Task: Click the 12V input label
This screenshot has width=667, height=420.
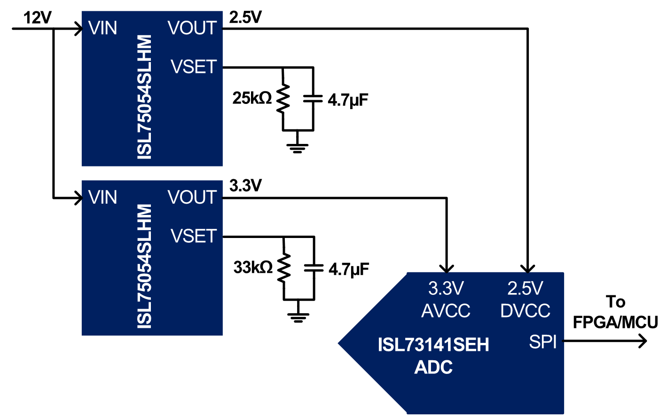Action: click(x=38, y=18)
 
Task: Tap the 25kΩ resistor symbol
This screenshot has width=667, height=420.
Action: click(x=283, y=99)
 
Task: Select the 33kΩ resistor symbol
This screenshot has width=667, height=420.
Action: click(x=284, y=268)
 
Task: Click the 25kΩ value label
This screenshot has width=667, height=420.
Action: click(x=252, y=98)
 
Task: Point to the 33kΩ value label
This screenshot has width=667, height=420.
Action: click(x=253, y=268)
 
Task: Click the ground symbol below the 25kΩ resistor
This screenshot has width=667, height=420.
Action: click(x=298, y=147)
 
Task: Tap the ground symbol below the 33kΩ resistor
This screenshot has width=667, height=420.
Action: click(x=298, y=317)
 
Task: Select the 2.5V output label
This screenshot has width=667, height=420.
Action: click(x=245, y=17)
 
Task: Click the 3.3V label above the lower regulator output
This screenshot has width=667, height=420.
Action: click(x=245, y=186)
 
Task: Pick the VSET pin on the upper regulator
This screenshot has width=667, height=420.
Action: click(x=194, y=67)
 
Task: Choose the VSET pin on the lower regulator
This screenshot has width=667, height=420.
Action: click(x=194, y=236)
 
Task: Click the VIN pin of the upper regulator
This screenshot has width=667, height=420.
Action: click(x=102, y=28)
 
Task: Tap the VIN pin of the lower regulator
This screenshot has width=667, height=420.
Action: click(x=102, y=198)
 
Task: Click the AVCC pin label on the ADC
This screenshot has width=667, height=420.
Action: click(x=446, y=311)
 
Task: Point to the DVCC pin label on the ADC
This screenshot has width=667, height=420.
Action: click(x=525, y=311)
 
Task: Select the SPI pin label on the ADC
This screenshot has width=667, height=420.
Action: click(x=542, y=342)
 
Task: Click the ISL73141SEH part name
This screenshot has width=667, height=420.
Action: click(x=433, y=345)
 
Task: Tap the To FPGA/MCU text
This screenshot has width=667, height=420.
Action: click(x=615, y=312)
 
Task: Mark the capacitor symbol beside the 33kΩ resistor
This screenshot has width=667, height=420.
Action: click(x=314, y=268)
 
